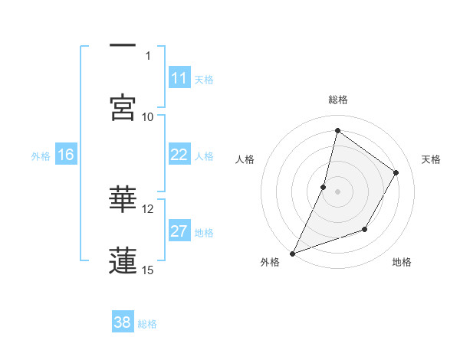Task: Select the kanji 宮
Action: (x=123, y=106)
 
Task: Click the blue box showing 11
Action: (x=179, y=78)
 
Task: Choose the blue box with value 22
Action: (x=179, y=155)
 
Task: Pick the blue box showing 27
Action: (x=179, y=232)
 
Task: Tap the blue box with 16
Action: (x=66, y=155)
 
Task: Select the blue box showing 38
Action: (x=123, y=322)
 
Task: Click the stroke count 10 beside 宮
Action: (x=148, y=116)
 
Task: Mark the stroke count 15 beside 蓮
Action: (x=148, y=270)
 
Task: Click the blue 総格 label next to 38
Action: (x=148, y=323)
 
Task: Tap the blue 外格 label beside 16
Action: (x=41, y=155)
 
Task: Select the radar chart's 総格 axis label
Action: (x=337, y=100)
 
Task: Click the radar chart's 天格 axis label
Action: (x=432, y=159)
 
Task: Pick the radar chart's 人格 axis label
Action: (x=245, y=159)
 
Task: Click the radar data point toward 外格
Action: (x=292, y=253)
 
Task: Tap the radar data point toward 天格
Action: (x=396, y=172)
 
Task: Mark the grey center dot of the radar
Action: (x=337, y=191)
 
